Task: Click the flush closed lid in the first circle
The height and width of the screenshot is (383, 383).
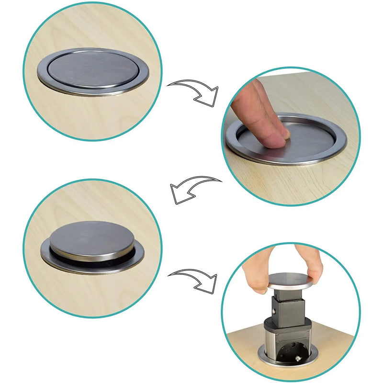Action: click(93, 70)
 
